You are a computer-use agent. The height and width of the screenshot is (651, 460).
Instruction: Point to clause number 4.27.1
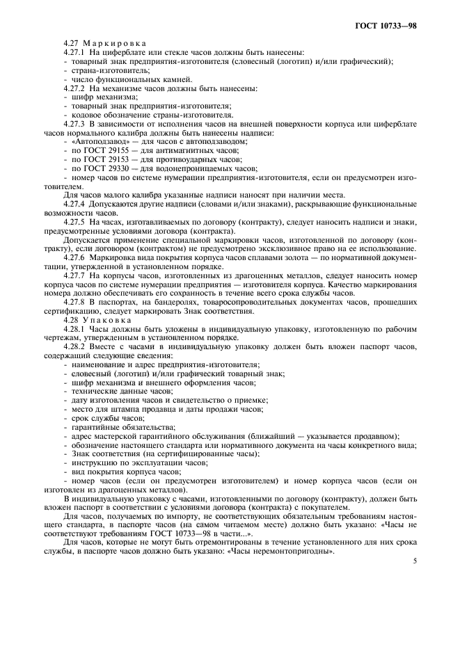pyautogui.click(x=73, y=52)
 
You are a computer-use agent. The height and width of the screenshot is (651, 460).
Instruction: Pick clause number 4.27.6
pyautogui.click(x=73, y=259)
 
